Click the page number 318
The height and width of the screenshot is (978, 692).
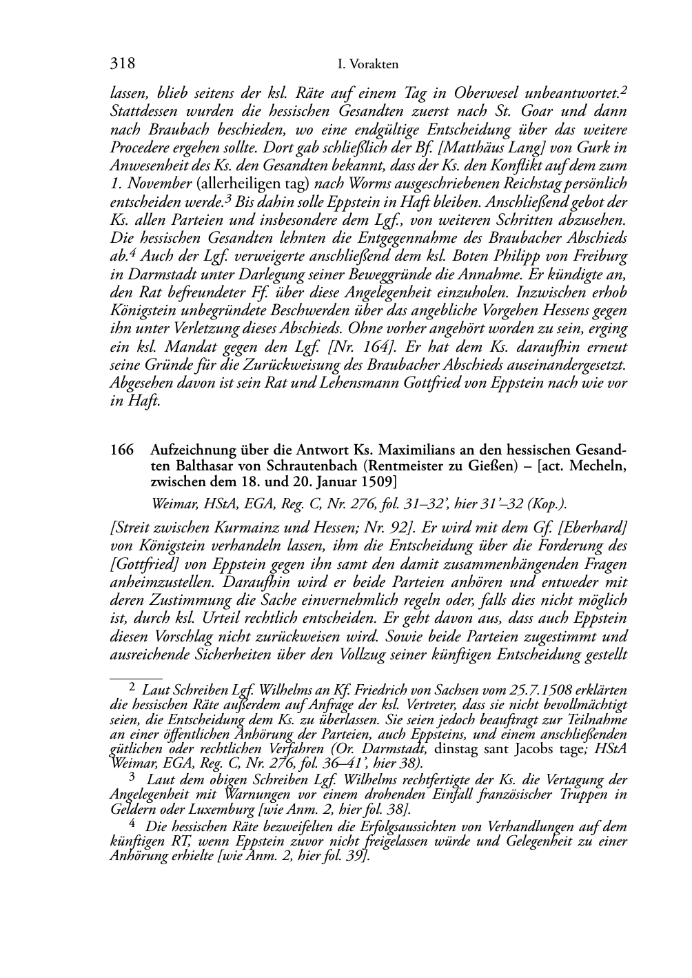click(122, 64)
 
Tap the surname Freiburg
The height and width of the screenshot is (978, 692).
click(597, 256)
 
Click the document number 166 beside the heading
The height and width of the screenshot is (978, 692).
click(121, 450)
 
